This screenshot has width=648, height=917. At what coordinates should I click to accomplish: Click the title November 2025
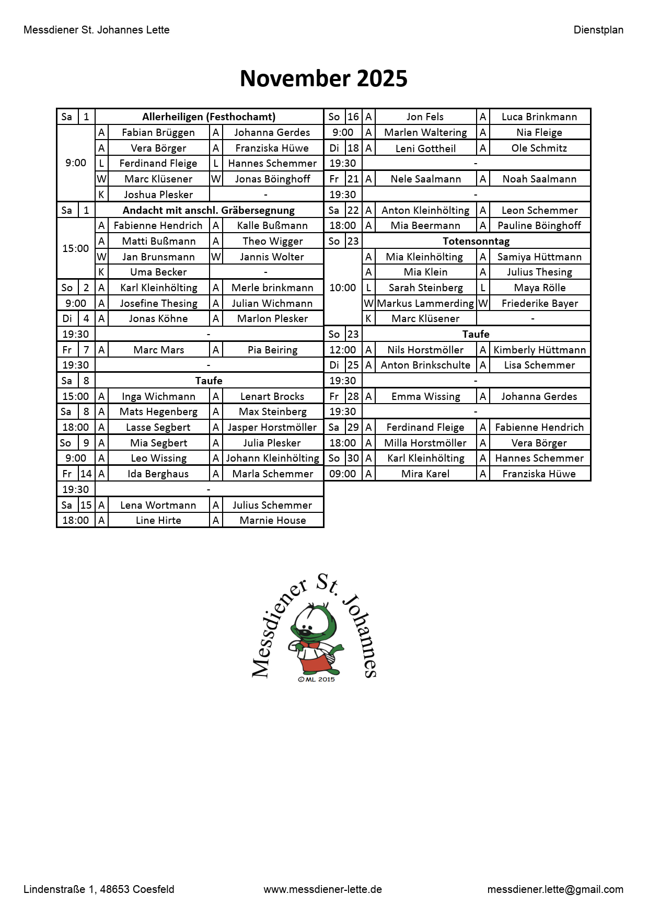tap(323, 78)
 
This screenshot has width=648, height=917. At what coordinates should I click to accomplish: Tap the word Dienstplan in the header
tap(598, 30)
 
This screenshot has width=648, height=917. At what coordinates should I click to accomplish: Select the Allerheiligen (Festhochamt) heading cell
tap(209, 117)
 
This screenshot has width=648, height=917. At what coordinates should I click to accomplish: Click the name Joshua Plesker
tap(158, 194)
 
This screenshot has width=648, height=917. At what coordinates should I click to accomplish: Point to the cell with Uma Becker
tap(158, 272)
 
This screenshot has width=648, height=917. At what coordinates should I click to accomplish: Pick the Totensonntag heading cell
tap(476, 241)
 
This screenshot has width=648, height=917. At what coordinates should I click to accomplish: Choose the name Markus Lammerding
tap(425, 303)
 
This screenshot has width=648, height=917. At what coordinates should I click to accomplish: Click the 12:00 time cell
tap(343, 350)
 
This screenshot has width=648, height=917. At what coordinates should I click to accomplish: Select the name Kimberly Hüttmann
tap(539, 350)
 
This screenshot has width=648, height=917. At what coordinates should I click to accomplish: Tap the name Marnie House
tap(272, 520)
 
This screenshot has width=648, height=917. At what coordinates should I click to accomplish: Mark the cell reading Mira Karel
tap(425, 474)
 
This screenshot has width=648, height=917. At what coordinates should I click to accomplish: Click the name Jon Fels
tap(425, 117)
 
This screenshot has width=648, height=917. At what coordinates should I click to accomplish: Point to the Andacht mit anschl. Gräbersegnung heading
tap(209, 210)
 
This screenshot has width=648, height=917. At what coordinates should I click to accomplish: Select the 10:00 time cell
tap(343, 288)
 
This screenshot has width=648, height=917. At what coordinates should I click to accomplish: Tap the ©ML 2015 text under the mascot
tap(316, 679)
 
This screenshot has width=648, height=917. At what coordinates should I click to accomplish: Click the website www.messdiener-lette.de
tap(322, 889)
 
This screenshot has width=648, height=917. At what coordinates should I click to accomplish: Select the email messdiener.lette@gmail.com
tap(555, 889)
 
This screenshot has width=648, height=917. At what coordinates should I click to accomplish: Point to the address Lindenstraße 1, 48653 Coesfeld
tap(99, 889)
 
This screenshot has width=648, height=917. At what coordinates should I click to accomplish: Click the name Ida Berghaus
tap(158, 474)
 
